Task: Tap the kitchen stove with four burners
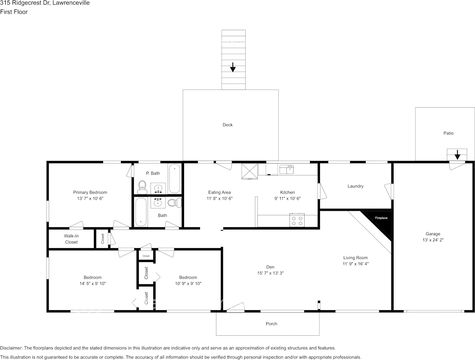tap(297, 220)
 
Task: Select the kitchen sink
tap(286, 169)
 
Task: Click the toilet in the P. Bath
tap(142, 187)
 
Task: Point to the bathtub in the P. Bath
tap(175, 178)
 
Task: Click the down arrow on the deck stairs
tap(233, 67)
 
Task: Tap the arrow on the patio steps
tap(457, 155)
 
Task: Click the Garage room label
tap(433, 234)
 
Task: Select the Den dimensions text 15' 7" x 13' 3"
tap(270, 273)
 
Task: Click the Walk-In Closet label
tap(71, 239)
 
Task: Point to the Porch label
tap(272, 323)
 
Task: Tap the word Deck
tap(228, 125)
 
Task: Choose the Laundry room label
tap(355, 186)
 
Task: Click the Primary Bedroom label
tap(90, 192)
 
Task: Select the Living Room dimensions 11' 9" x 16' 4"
tap(356, 264)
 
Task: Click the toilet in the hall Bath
tap(175, 203)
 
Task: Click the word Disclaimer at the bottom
tap(11, 348)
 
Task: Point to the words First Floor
tap(14, 12)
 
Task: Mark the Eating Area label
tap(219, 192)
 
